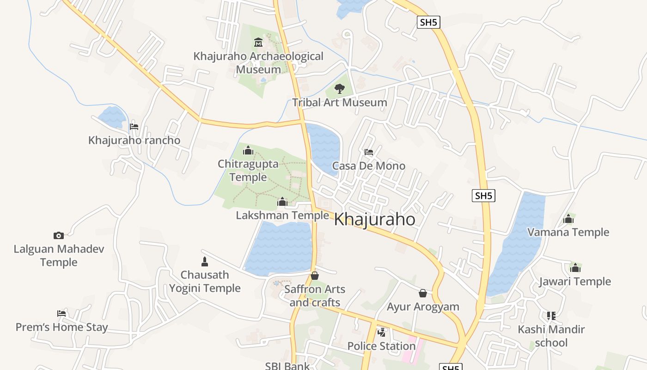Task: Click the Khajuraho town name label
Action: pos(374,219)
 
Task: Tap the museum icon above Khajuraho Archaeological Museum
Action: pos(258,43)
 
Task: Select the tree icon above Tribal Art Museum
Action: pos(340,88)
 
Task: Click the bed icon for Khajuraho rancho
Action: pos(134,126)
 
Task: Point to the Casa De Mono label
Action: pos(368,166)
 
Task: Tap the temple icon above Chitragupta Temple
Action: pos(248,150)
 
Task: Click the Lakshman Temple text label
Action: pos(282,216)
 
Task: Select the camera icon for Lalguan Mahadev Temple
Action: pos(58,235)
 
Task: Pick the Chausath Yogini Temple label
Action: pos(205,281)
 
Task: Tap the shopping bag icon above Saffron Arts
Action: pos(315,276)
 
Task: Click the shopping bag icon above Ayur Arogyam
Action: pos(423,293)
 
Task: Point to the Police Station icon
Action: pos(381,332)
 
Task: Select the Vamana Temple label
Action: pos(568,232)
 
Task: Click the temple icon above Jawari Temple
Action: pos(575,268)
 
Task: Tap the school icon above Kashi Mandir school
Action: pos(551,316)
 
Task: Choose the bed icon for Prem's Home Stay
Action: pos(61,314)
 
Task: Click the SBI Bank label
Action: pos(287,365)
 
